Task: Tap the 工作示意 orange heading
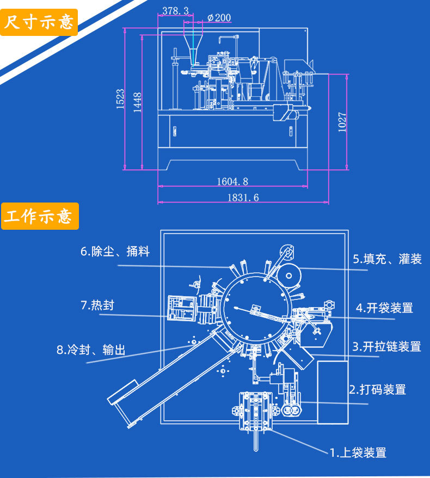point(39,216)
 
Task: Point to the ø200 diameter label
point(219,17)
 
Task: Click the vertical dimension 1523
point(121,100)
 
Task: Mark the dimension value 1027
point(342,122)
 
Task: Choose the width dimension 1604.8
point(232,181)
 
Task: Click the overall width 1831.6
point(243,198)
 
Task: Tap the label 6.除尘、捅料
point(115,252)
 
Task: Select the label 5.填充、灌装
point(387,259)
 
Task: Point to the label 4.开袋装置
point(384,308)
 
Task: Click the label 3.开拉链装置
point(386,346)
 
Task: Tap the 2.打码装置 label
point(377,389)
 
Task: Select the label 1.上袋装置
point(358,452)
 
